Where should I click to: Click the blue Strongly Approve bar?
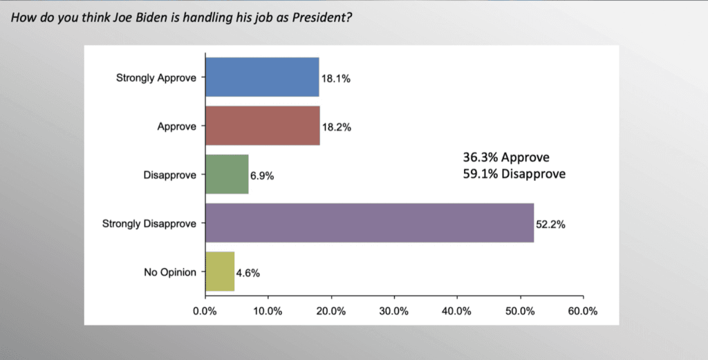pos(262,77)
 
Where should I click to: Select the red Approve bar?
pos(263,126)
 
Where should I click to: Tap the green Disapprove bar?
pos(227,174)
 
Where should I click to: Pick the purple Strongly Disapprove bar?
pos(370,223)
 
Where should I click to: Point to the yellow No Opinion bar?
pos(220,272)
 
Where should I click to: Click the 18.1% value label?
pos(336,79)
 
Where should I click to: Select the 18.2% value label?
pos(337,128)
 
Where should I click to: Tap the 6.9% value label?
pos(262,176)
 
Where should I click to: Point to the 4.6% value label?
pos(248,273)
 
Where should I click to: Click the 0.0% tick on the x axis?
pos(205,311)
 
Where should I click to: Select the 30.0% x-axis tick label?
pos(394,311)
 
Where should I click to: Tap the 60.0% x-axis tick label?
pos(583,311)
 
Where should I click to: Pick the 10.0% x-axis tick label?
pos(268,311)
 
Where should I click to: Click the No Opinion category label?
pos(171,272)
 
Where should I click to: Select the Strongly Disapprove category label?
pos(149,223)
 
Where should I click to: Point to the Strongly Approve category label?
pos(156,77)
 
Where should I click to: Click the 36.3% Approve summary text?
pos(506,158)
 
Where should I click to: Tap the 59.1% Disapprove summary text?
pos(514,174)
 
